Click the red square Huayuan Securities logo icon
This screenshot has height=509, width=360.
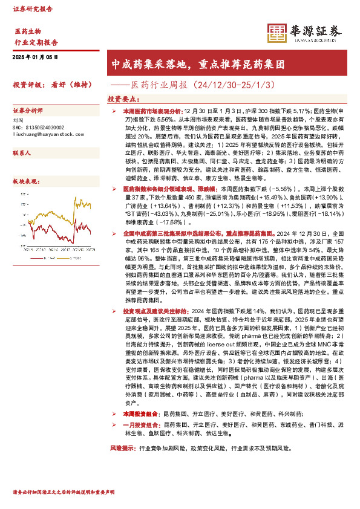(x=277, y=33)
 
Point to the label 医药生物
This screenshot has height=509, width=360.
(x=28, y=31)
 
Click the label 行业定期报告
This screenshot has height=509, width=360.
(x=36, y=42)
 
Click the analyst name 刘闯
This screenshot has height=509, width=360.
(x=18, y=120)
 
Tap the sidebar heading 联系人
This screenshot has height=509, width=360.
(x=22, y=154)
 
